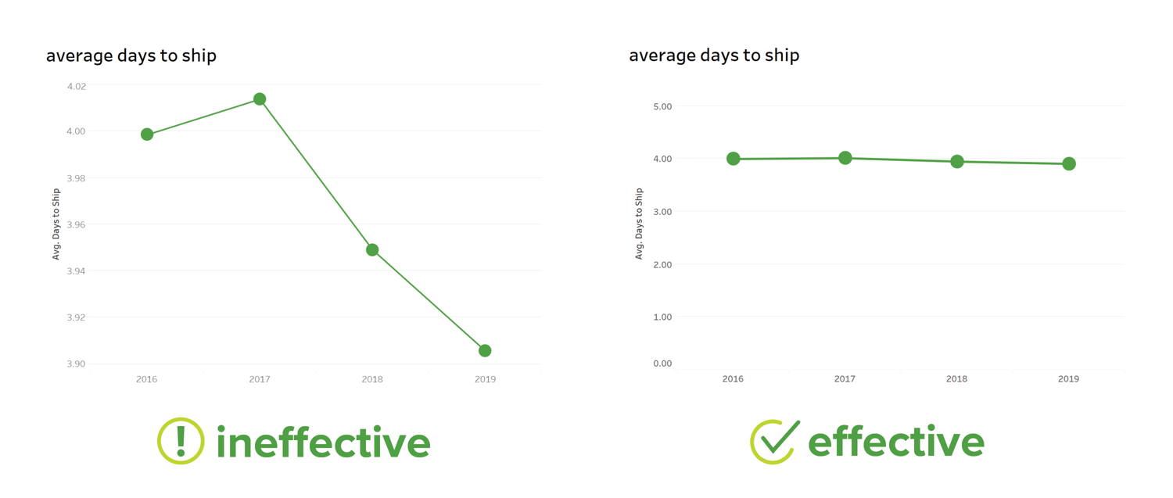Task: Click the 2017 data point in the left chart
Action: point(260,99)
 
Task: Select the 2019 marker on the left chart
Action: point(485,351)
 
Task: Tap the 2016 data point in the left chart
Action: point(147,134)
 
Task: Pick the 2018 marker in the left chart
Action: point(372,250)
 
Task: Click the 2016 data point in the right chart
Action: point(733,159)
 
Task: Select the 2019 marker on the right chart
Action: point(1069,164)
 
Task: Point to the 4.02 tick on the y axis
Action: point(77,86)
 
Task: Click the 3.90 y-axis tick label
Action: point(77,364)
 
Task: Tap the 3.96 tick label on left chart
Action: point(77,225)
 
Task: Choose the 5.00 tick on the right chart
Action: point(662,106)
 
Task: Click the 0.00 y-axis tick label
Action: point(662,364)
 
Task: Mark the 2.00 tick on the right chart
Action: point(662,265)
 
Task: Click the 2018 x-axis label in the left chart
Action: point(372,380)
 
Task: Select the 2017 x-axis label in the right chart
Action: point(845,379)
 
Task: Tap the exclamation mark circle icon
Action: point(181,441)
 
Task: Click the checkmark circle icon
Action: point(773,442)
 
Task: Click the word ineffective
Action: point(323,442)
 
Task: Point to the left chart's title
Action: point(131,56)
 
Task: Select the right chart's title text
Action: point(714,56)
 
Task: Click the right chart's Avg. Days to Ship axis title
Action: point(639,224)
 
